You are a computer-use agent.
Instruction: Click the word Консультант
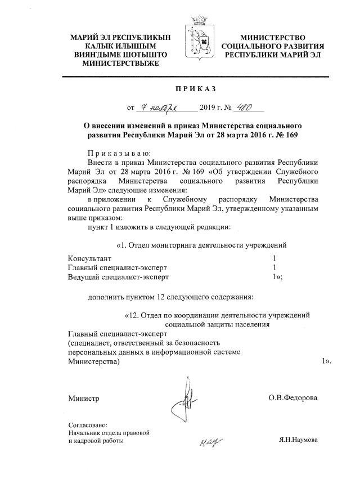pyautogui.click(x=89, y=257)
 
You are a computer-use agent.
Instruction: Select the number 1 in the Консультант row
pyautogui.click(x=274, y=257)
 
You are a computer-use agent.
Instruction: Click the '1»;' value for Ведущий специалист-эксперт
pyautogui.click(x=277, y=277)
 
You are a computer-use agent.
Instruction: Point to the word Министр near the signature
pyautogui.click(x=83, y=399)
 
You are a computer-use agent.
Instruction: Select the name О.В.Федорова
pyautogui.click(x=292, y=398)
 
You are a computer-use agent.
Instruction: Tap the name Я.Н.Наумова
pyautogui.click(x=298, y=441)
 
